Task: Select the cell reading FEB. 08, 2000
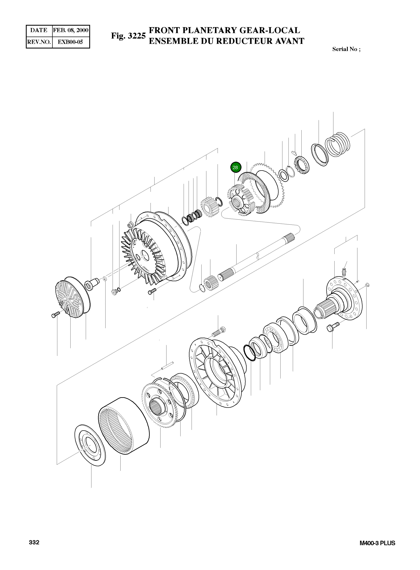click(x=71, y=30)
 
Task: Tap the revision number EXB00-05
click(x=70, y=42)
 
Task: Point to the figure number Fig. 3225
click(x=128, y=36)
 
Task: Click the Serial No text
click(x=346, y=49)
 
